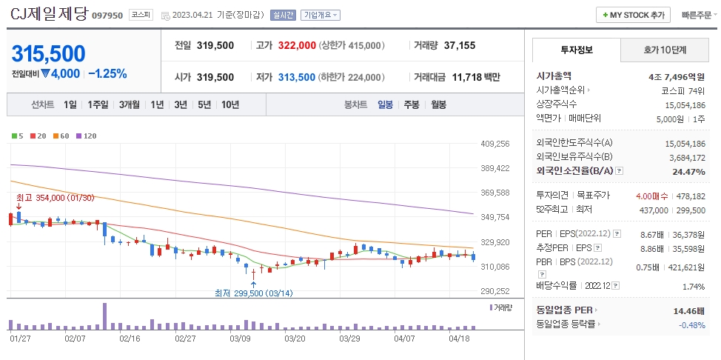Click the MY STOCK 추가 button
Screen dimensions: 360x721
[633, 15]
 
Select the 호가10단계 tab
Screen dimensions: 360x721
[663, 51]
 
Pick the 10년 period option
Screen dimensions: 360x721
[229, 104]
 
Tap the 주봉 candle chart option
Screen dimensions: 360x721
[411, 104]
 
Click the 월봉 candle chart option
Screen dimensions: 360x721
[438, 104]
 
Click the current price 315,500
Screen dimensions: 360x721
[48, 53]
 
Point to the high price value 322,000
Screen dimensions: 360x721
[297, 45]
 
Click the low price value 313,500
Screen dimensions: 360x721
[297, 77]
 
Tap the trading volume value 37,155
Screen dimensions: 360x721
[459, 45]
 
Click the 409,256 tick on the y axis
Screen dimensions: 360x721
[494, 144]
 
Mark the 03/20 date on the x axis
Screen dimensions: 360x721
[295, 338]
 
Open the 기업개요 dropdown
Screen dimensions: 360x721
[320, 15]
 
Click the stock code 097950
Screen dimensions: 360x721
[107, 16]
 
